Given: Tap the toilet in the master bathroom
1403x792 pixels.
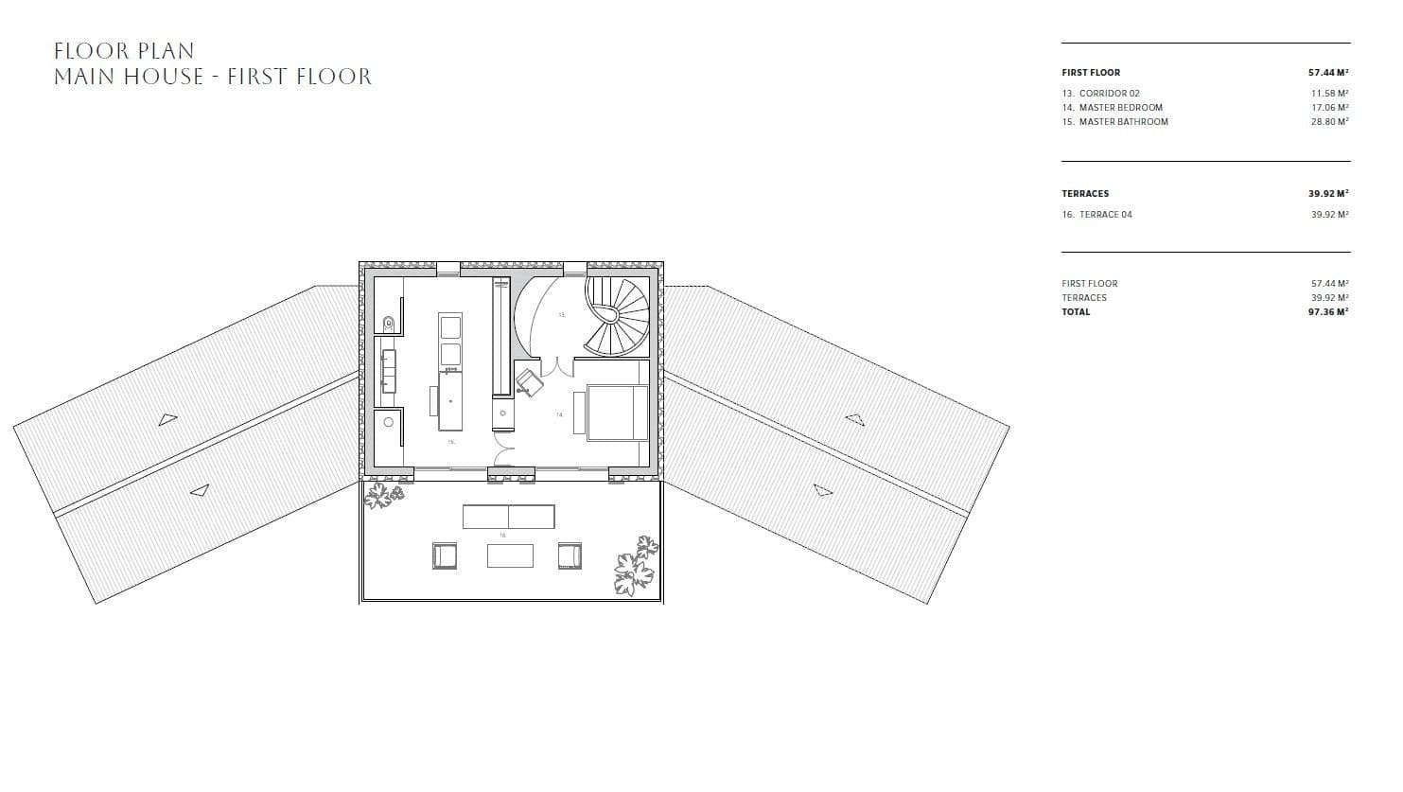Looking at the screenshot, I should [x=388, y=324].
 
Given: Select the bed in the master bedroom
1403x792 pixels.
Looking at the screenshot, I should [x=618, y=412].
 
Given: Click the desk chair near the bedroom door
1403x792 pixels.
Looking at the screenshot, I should [x=528, y=381].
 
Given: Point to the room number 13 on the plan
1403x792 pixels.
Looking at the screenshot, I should [x=561, y=315].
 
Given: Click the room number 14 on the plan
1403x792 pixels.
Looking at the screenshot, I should [x=559, y=414].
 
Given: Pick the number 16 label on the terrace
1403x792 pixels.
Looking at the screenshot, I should [x=502, y=536].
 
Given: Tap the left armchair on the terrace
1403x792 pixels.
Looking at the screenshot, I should [x=444, y=555].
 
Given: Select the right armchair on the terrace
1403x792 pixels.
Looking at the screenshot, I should [x=569, y=555].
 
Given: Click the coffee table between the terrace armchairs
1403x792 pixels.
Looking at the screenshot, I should [x=510, y=556].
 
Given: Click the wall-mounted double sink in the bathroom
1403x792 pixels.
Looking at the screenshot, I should [x=388, y=370].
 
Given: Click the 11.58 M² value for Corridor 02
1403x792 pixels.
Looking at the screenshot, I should [x=1329, y=94].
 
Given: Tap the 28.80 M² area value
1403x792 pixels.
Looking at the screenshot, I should [x=1329, y=122].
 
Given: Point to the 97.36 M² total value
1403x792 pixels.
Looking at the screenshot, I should [x=1328, y=312].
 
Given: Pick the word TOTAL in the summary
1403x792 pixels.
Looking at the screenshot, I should [x=1076, y=312].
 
